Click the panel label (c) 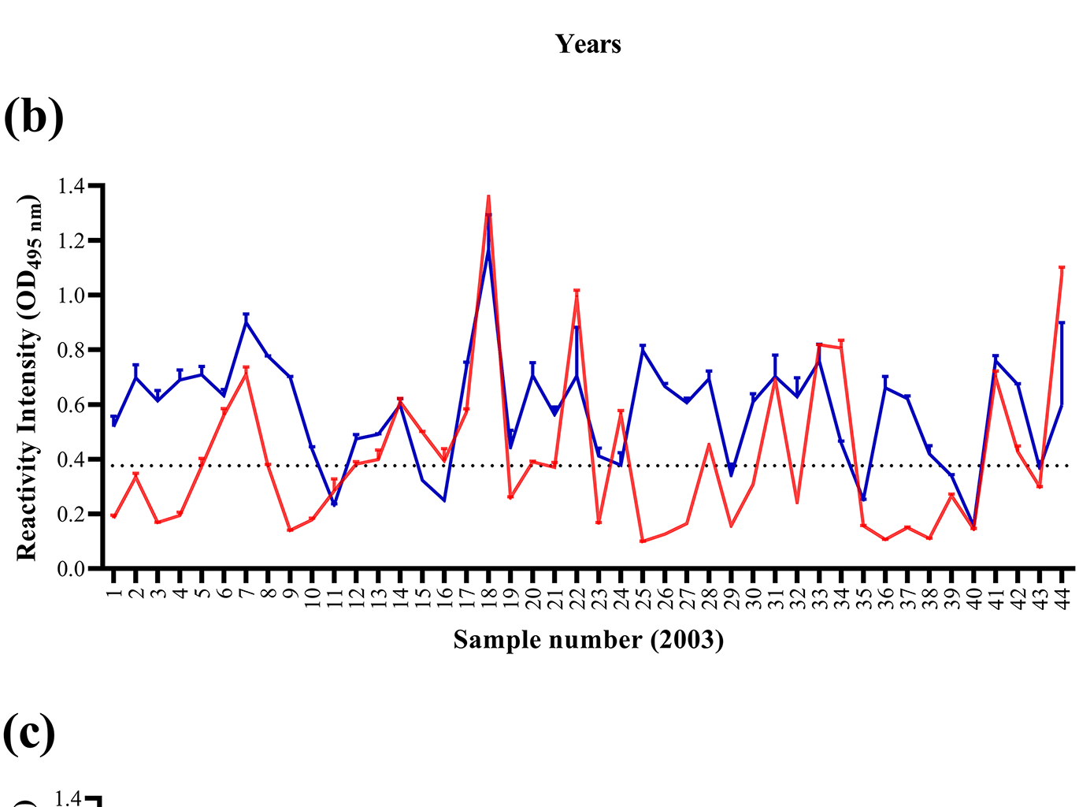[29, 732]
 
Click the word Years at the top [588, 44]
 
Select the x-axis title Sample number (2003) [588, 639]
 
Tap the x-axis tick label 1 [114, 587]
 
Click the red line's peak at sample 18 [488, 197]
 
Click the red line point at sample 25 [643, 541]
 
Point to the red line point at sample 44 [1062, 268]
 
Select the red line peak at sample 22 [577, 292]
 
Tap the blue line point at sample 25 [643, 348]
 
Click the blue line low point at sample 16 [444, 500]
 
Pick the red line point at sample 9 [290, 530]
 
